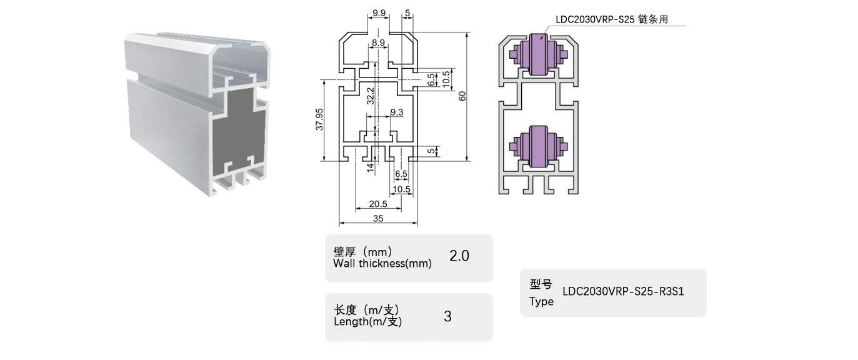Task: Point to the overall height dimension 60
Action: click(462, 96)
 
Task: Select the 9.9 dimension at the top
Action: click(379, 12)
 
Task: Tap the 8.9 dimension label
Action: click(378, 42)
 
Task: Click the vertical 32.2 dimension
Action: click(370, 94)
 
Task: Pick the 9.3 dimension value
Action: click(396, 112)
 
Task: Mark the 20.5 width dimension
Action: click(378, 204)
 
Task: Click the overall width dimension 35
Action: click(378, 218)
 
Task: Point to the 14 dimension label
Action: click(370, 167)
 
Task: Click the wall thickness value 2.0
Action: click(459, 256)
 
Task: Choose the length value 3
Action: click(447, 316)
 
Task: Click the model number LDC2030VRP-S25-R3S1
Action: click(624, 291)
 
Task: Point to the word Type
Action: click(541, 302)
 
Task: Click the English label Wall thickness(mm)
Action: click(382, 264)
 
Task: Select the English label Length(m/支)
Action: click(368, 322)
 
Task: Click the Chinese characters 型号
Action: click(541, 284)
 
